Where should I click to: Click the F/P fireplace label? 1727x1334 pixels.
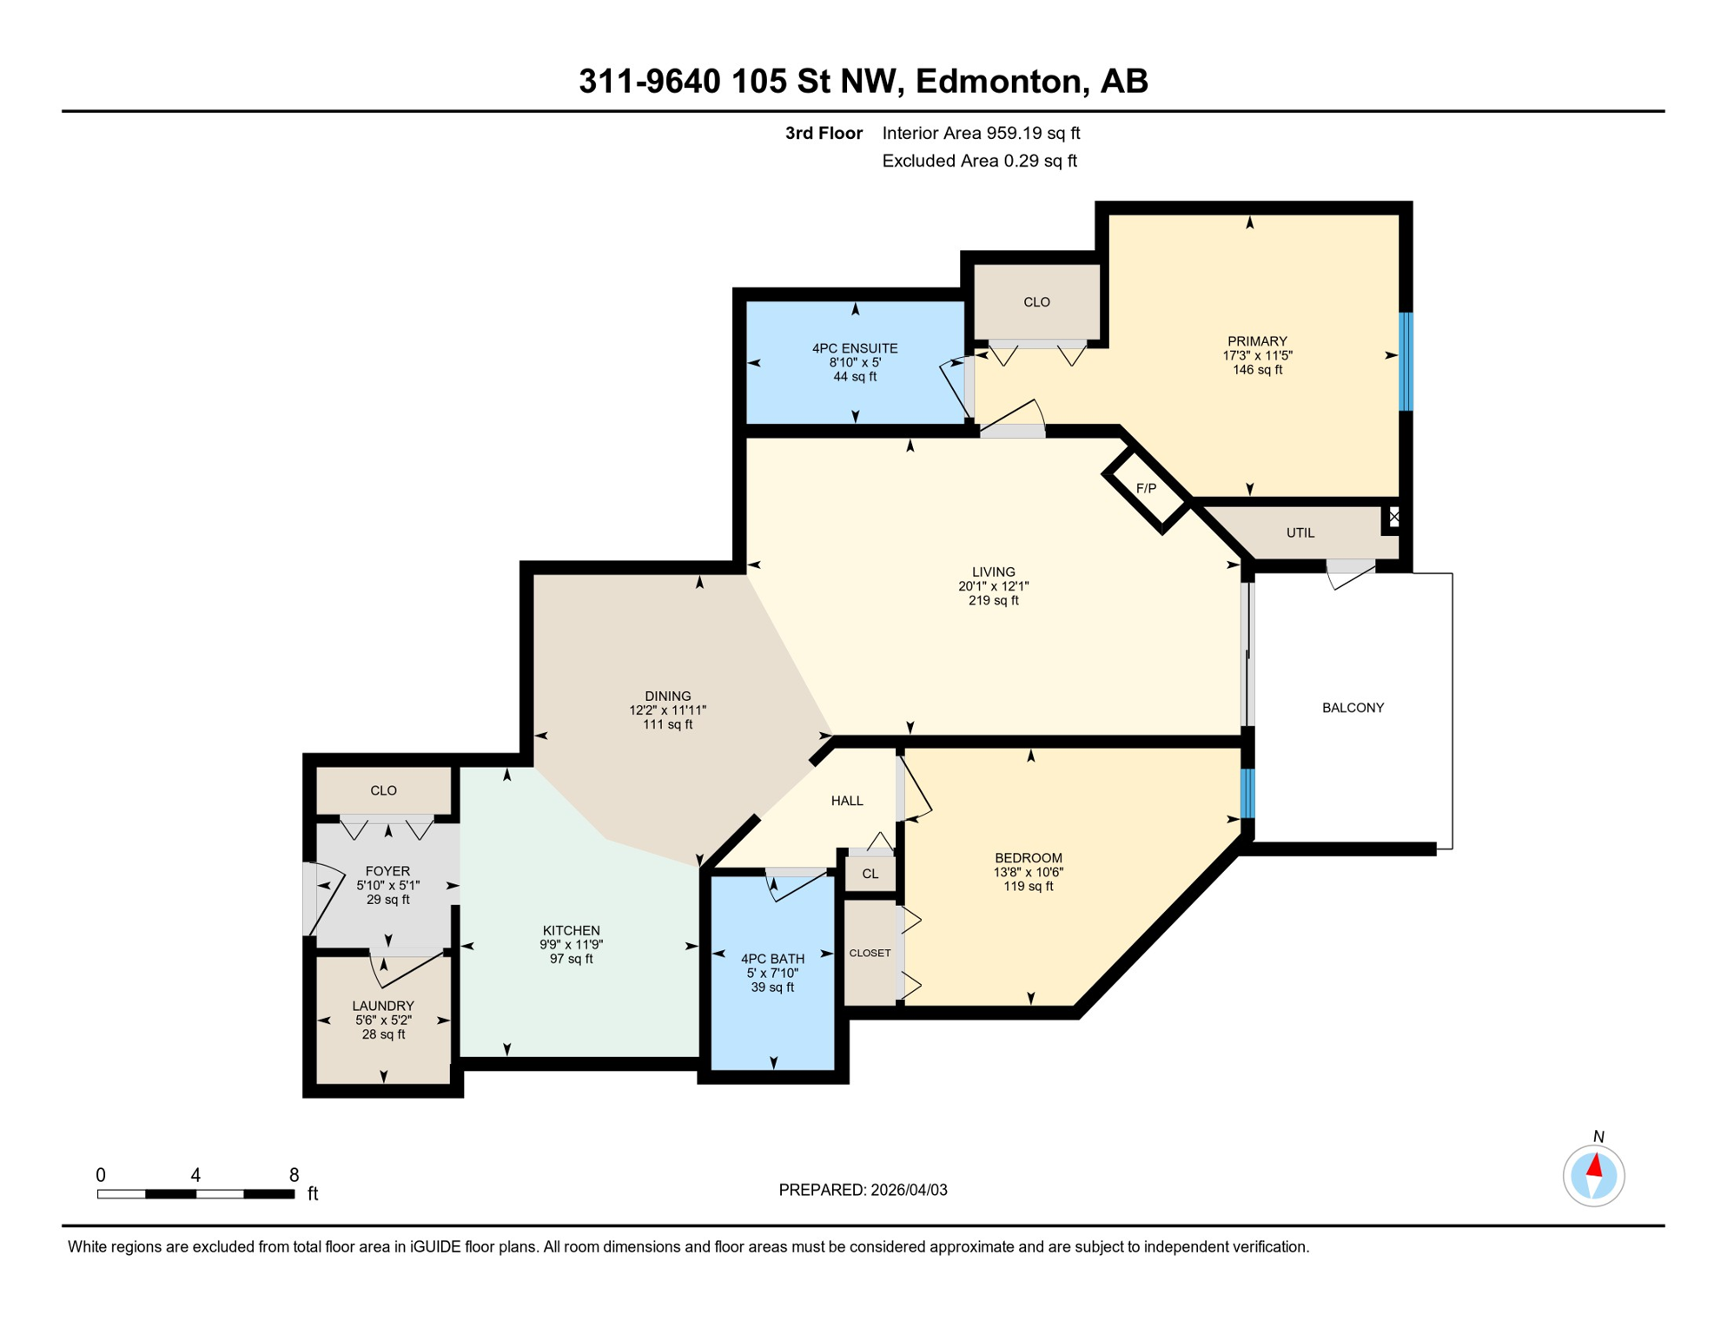coord(1146,489)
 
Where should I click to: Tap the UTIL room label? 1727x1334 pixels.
coord(1300,533)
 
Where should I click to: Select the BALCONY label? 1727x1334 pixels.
coord(1353,708)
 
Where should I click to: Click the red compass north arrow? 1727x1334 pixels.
coord(1594,1166)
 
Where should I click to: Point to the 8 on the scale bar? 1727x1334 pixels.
coord(294,1175)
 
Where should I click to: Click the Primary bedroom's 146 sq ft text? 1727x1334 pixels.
coord(1257,370)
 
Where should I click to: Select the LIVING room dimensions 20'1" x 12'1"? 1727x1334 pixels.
coord(993,586)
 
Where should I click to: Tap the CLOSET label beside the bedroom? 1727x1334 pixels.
coord(870,954)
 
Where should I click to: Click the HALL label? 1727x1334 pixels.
coord(847,801)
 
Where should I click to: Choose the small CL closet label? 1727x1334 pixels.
coord(870,875)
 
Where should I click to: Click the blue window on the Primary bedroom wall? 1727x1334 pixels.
coord(1406,361)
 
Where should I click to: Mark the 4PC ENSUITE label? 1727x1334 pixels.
coord(855,348)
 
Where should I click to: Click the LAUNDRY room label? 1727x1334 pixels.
coord(383,1006)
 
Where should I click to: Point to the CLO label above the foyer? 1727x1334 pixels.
coord(383,790)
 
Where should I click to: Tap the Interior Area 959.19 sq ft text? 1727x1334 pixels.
coord(981,133)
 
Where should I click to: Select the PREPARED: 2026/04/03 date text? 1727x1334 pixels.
coord(863,1190)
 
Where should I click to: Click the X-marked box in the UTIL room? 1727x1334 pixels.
coord(1393,518)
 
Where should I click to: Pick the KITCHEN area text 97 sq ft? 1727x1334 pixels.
coord(571,959)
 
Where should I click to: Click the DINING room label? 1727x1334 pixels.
coord(667,697)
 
